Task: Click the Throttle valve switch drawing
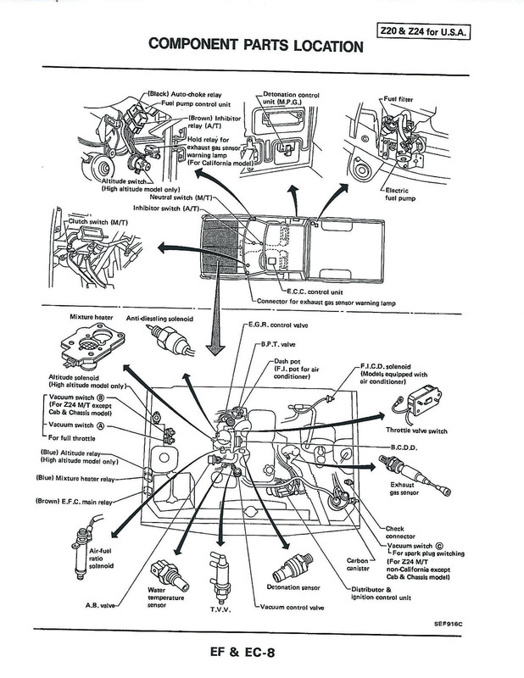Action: click(423, 398)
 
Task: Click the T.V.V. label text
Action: click(220, 609)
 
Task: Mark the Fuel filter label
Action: click(421, 98)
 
